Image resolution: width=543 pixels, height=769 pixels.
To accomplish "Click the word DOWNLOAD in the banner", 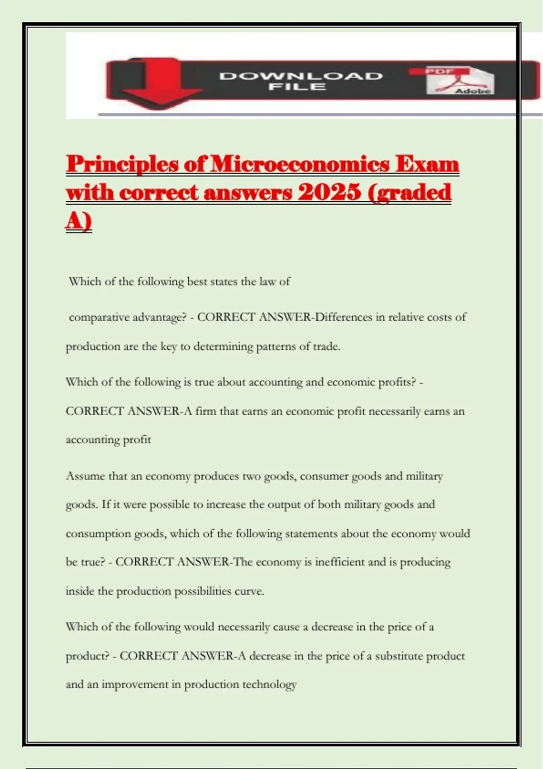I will click(301, 76).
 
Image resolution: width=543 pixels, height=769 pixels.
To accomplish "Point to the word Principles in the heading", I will click(123, 164).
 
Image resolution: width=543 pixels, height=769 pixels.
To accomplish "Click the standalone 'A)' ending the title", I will click(79, 222).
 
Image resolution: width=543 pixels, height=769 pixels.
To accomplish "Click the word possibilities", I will click(203, 591).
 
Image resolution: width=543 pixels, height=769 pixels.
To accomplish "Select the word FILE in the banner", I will click(297, 86).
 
